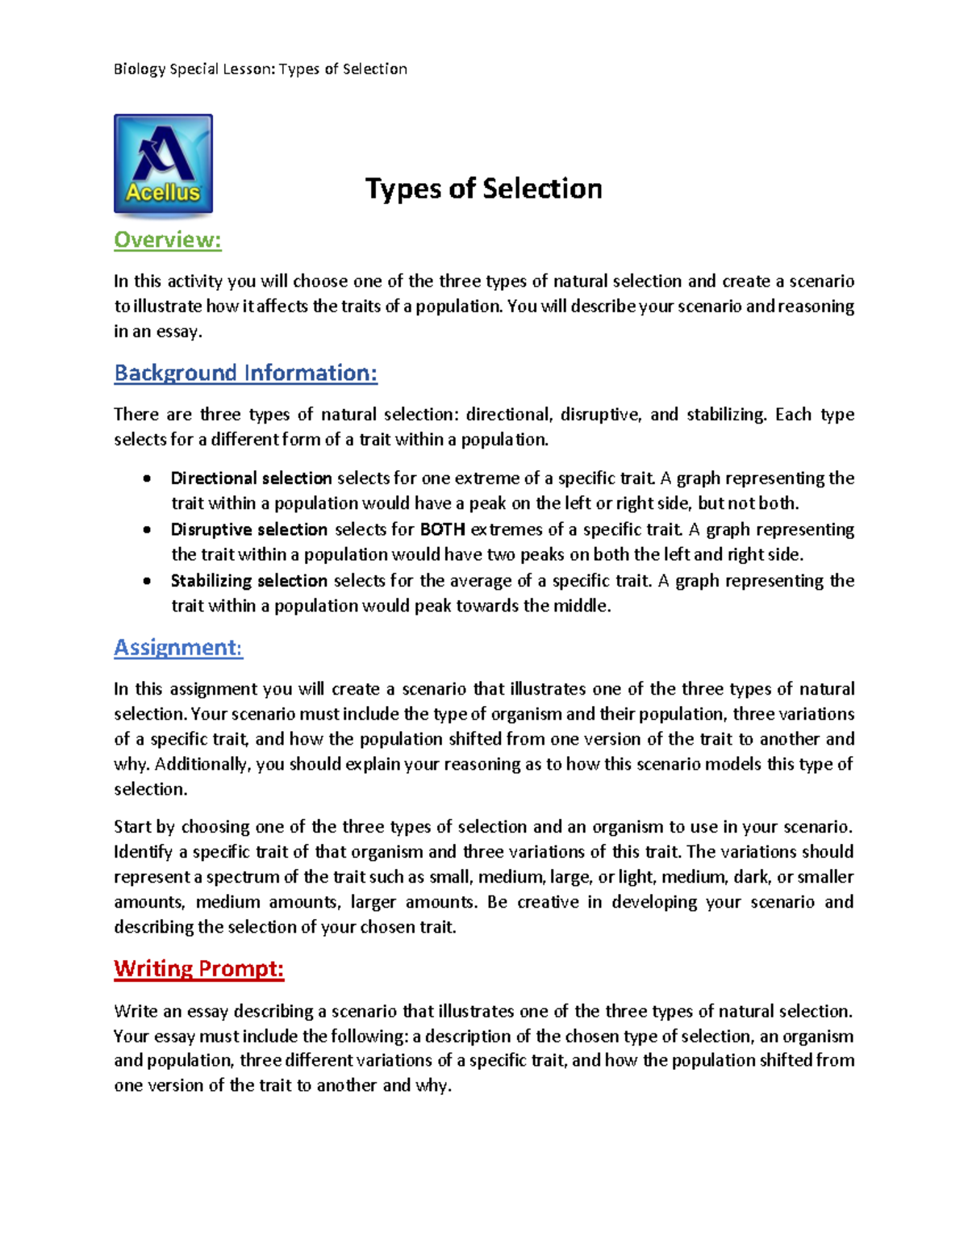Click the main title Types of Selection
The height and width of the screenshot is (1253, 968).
483,189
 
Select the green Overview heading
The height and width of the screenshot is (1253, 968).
167,240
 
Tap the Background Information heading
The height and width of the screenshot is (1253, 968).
245,373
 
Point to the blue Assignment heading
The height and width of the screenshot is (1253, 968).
178,647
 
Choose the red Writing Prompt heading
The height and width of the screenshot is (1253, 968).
198,968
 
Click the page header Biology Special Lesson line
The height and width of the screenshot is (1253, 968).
260,69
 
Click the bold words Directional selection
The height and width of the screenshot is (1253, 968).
251,478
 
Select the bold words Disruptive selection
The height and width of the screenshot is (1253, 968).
248,530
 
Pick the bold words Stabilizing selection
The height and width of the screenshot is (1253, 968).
248,581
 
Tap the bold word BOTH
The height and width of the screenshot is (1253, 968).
442,530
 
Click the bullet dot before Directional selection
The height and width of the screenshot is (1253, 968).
147,478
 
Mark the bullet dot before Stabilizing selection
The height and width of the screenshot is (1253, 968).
147,581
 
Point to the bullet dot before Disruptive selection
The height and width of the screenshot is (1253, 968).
147,530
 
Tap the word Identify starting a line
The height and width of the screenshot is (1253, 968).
143,852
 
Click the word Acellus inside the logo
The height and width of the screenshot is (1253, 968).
163,192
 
